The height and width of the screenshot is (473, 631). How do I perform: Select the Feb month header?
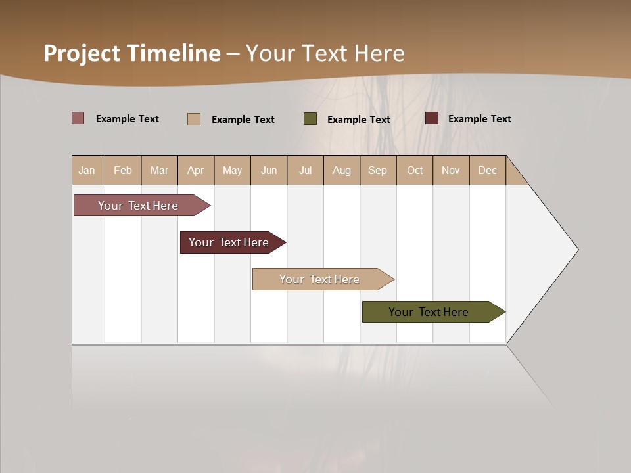click(x=123, y=170)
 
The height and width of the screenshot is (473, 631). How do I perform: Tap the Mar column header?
click(x=159, y=170)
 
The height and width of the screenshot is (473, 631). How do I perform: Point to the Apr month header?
click(x=196, y=170)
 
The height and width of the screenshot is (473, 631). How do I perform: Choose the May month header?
click(x=232, y=170)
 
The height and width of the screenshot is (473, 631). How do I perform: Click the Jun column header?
click(x=269, y=170)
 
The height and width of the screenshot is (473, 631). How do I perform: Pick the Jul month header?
click(x=305, y=170)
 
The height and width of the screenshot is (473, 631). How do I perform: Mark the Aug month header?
click(x=342, y=170)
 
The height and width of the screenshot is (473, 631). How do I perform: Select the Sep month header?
click(x=378, y=170)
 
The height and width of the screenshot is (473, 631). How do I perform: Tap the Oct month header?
click(x=415, y=170)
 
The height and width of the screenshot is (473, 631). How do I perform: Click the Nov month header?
click(x=451, y=170)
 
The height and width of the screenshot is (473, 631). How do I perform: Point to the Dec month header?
click(x=488, y=170)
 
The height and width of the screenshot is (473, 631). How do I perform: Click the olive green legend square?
click(x=310, y=119)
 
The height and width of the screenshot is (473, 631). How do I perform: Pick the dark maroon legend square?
click(x=432, y=118)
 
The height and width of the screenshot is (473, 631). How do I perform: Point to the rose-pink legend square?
click(x=78, y=118)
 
